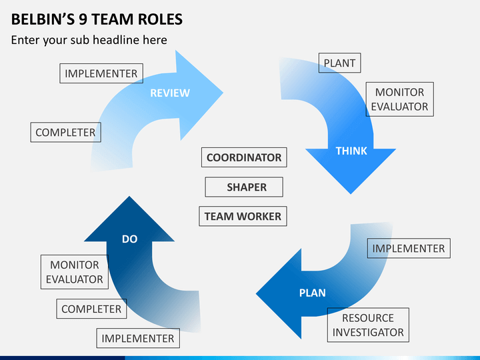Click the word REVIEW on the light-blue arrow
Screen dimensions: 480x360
click(x=170, y=93)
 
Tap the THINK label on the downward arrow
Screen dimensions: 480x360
click(x=351, y=151)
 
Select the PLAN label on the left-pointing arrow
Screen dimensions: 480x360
click(x=312, y=293)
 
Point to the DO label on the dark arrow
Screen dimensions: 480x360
click(x=129, y=239)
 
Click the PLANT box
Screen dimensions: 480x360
click(x=340, y=63)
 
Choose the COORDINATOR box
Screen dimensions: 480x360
click(x=244, y=157)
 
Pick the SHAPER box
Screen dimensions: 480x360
click(x=244, y=187)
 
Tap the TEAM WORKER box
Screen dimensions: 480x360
click(x=243, y=216)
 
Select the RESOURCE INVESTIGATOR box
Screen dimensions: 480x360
click(x=368, y=325)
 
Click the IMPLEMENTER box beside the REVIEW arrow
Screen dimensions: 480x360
click(x=101, y=73)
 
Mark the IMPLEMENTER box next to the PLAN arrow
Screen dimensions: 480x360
click(x=409, y=248)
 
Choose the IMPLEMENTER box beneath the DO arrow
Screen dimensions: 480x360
click(x=138, y=338)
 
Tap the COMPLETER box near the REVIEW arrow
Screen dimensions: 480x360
click(x=65, y=132)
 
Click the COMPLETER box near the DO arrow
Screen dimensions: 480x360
click(x=91, y=309)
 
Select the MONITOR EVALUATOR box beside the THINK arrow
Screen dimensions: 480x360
click(x=400, y=99)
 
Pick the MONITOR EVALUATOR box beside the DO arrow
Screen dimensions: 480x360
click(x=75, y=272)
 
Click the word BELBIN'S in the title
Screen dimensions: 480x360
click(x=43, y=19)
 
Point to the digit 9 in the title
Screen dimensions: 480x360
click(x=83, y=19)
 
